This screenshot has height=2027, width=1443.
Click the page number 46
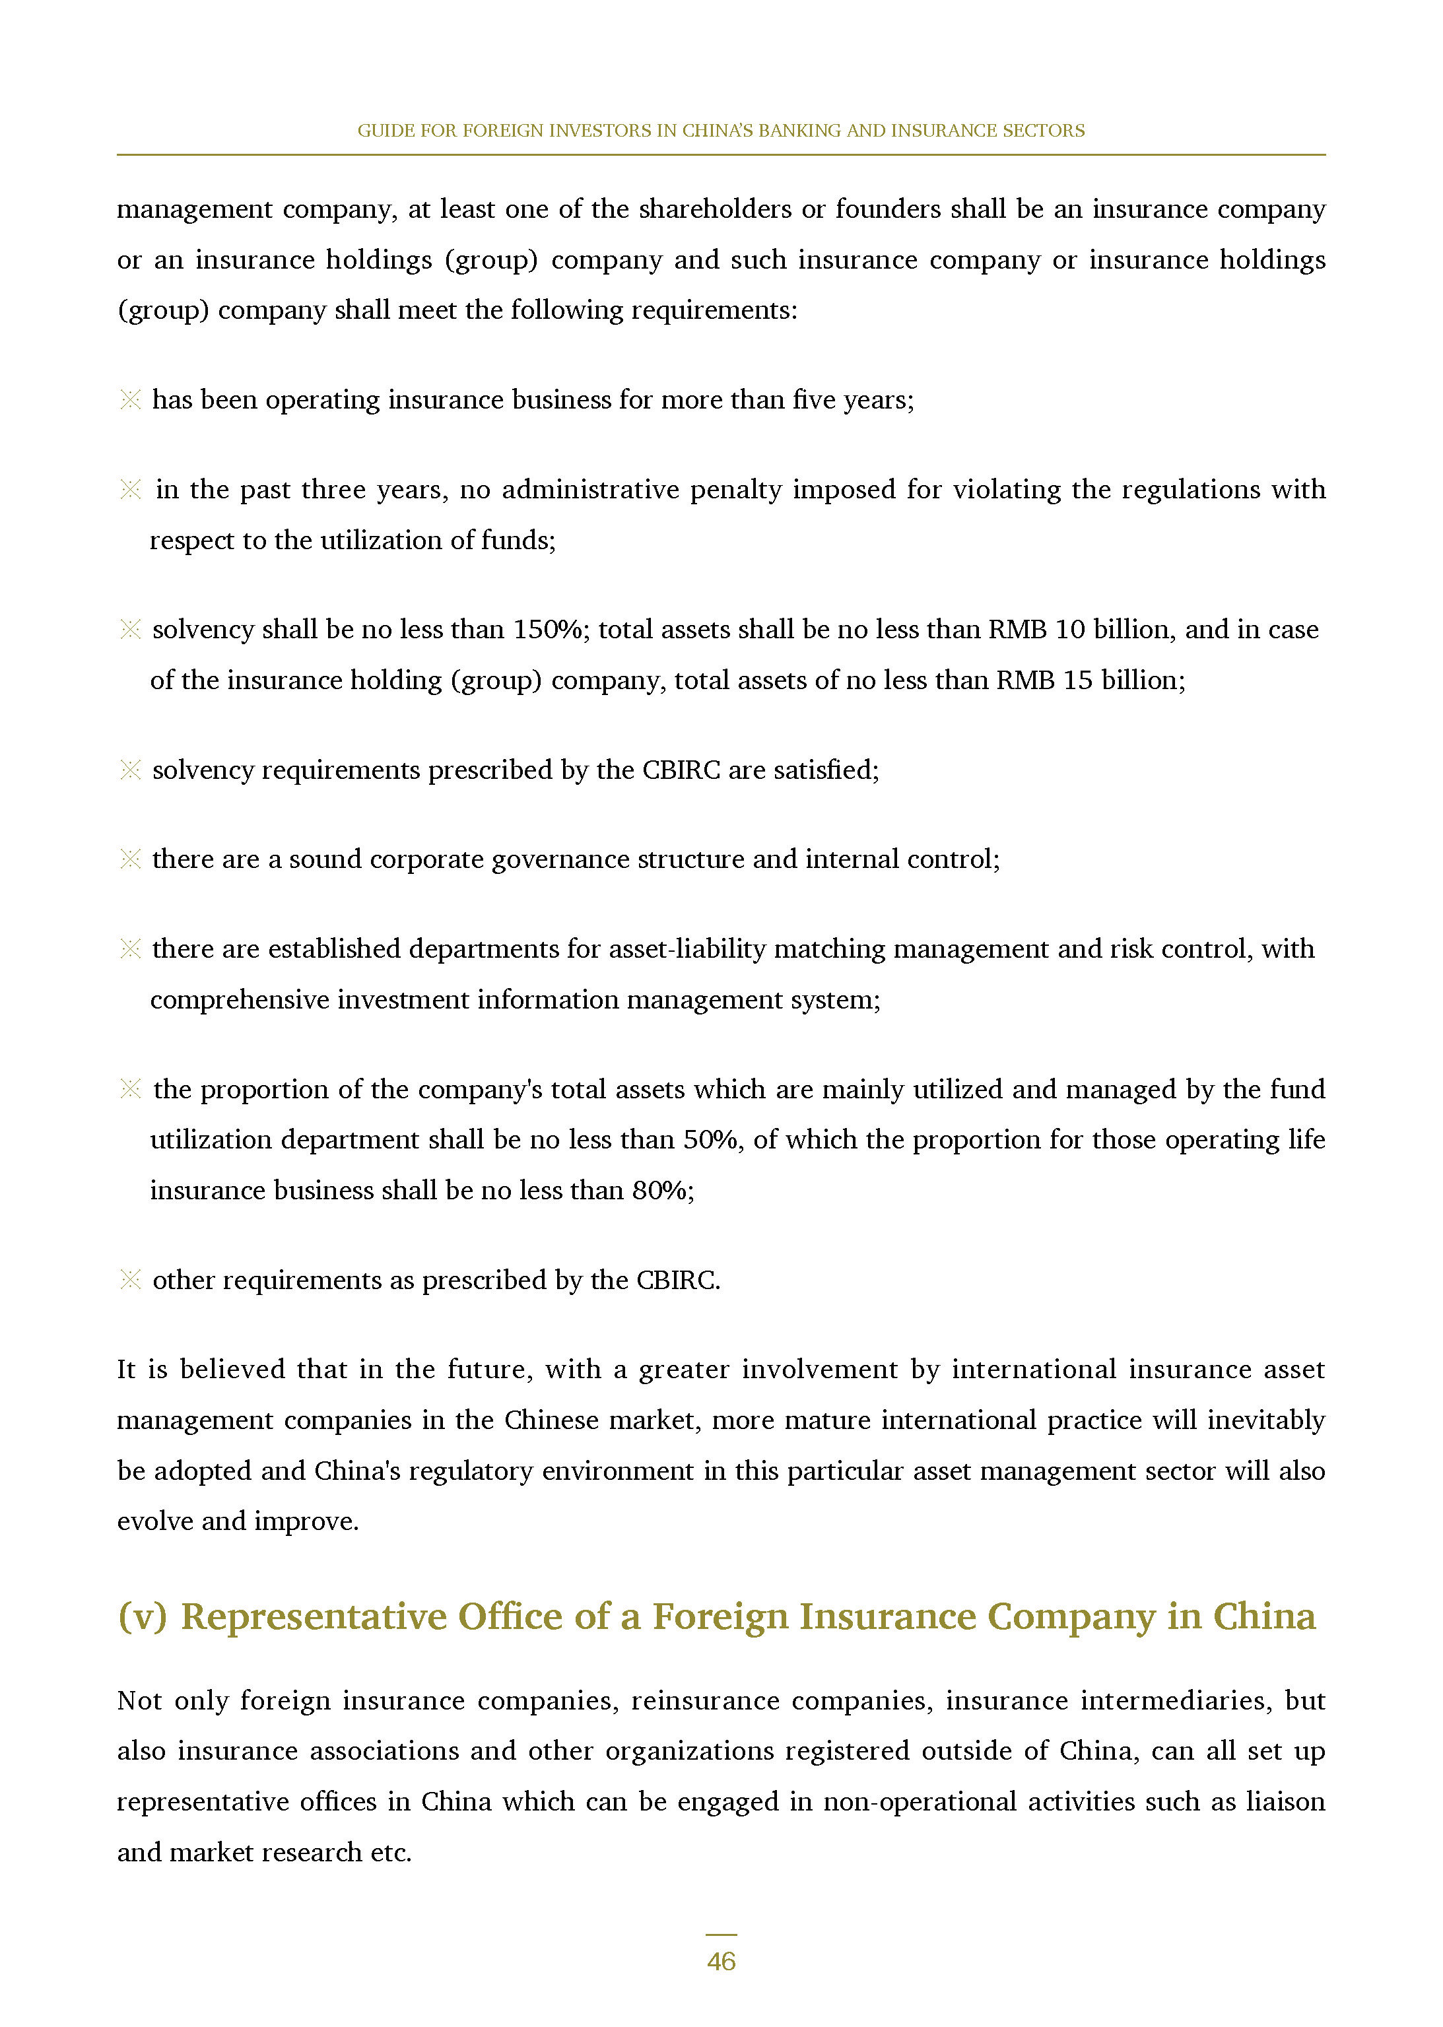pos(721,1960)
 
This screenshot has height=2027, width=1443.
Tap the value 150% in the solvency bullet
pos(549,629)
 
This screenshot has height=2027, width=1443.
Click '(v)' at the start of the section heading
pos(142,1616)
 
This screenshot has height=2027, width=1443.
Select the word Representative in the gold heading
pos(314,1616)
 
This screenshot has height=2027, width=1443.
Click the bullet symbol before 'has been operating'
pos(130,400)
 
